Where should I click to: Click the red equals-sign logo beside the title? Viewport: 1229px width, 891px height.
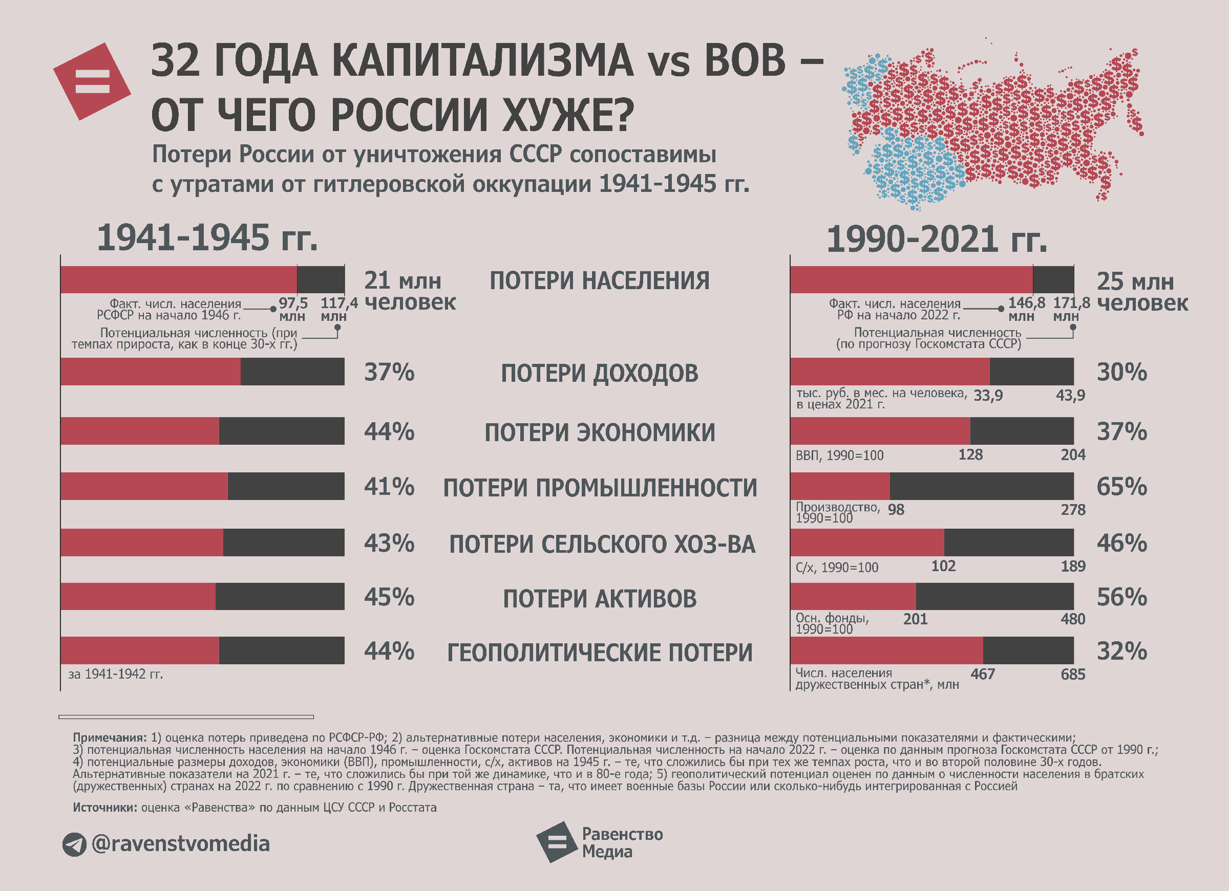pos(92,81)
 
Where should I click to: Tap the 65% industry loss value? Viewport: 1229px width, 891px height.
pos(1121,487)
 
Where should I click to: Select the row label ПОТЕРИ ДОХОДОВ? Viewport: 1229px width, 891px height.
pos(599,373)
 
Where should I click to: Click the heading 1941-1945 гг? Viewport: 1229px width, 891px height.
pos(207,238)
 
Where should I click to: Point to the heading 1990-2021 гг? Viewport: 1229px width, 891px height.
pos(937,239)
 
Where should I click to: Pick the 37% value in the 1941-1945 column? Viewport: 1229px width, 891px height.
pos(389,372)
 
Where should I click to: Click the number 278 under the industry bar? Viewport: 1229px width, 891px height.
pos(1073,510)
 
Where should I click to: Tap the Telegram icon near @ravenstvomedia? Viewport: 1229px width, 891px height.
pos(74,844)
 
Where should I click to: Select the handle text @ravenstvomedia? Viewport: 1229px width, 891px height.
pos(180,844)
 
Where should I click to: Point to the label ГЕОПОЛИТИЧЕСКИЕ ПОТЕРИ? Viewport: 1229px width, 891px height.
pos(599,653)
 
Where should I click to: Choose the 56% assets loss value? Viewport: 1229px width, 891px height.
pos(1121,597)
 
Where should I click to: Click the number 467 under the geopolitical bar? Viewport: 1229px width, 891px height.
pos(983,674)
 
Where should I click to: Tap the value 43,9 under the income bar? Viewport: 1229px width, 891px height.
pos(1070,396)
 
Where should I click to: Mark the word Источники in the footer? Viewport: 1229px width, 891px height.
pos(104,808)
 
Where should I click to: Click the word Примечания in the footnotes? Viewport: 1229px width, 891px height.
pos(110,737)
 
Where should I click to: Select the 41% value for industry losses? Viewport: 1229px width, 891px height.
pos(389,487)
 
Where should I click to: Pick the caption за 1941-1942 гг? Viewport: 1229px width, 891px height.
pos(115,674)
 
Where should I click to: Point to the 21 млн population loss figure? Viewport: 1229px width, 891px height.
pos(402,280)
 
